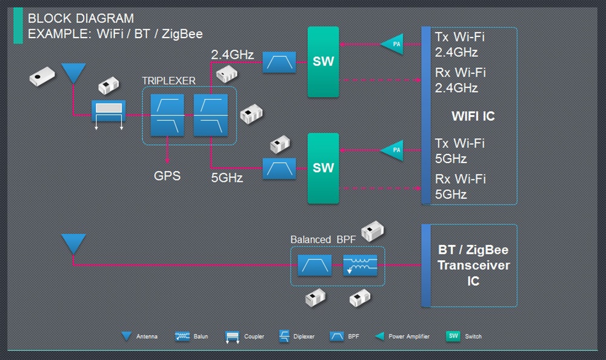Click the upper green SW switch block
[322, 62]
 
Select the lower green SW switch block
[322, 168]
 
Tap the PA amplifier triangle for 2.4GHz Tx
[391, 44]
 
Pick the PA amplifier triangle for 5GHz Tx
[391, 150]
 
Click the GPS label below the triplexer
[167, 176]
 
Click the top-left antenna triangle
[74, 73]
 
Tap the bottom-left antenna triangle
[74, 244]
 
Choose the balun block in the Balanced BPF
[361, 265]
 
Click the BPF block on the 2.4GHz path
[279, 62]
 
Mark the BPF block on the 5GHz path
[279, 168]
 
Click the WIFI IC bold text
[473, 116]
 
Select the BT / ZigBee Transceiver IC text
[473, 265]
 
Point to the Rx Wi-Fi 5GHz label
[460, 187]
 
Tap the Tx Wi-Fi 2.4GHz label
[460, 44]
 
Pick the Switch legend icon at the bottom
[453, 336]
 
